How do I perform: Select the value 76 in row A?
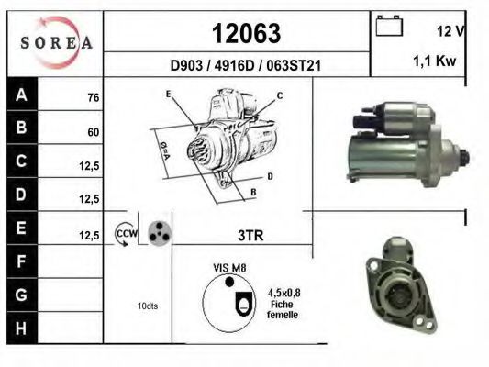click(x=93, y=97)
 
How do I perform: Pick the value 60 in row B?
click(x=93, y=131)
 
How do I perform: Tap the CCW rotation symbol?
click(x=125, y=234)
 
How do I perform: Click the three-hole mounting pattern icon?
click(x=159, y=233)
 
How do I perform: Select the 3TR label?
click(x=250, y=235)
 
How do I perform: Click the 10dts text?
click(x=146, y=306)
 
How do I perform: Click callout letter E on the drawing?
click(x=168, y=94)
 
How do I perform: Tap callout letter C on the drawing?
click(x=279, y=95)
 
